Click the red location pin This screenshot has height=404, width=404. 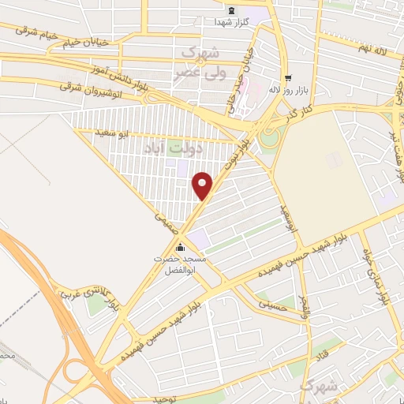(203, 185)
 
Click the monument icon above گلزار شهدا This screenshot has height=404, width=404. (231, 10)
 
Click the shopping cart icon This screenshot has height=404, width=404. (288, 77)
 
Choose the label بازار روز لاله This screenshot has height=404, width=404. (301, 89)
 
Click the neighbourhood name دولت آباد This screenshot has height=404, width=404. (175, 147)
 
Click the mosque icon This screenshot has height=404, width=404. (181, 245)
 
